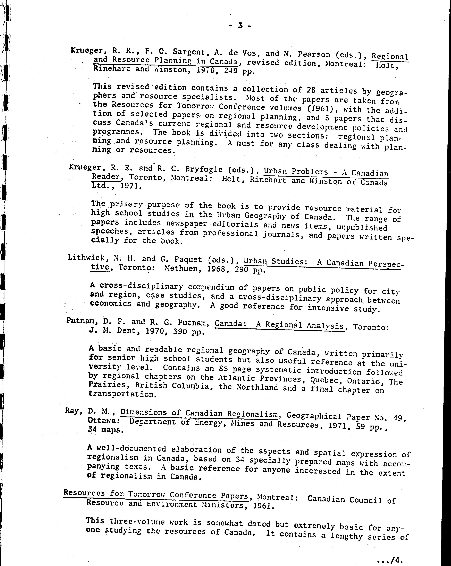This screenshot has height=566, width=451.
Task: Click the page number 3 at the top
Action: coord(240,25)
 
